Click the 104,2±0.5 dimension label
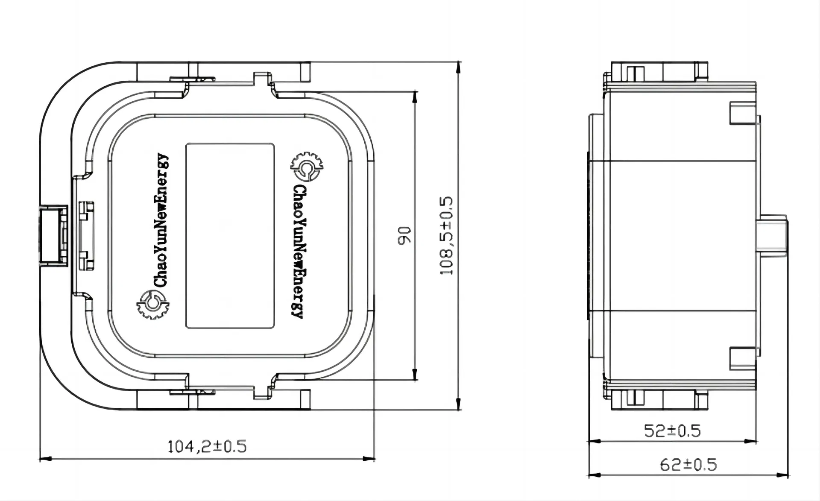pyautogui.click(x=207, y=447)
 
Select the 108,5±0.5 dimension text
pyautogui.click(x=446, y=236)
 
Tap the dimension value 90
pyautogui.click(x=404, y=236)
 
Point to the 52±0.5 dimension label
pyautogui.click(x=672, y=431)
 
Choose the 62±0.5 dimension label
pyautogui.click(x=688, y=465)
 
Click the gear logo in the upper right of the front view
pyautogui.click(x=306, y=167)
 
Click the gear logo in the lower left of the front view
pyautogui.click(x=152, y=304)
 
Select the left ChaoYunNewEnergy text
pyautogui.click(x=161, y=220)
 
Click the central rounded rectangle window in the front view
pyautogui.click(x=230, y=236)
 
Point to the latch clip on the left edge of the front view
pyautogui.click(x=54, y=236)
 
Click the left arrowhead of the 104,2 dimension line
pyautogui.click(x=45, y=459)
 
